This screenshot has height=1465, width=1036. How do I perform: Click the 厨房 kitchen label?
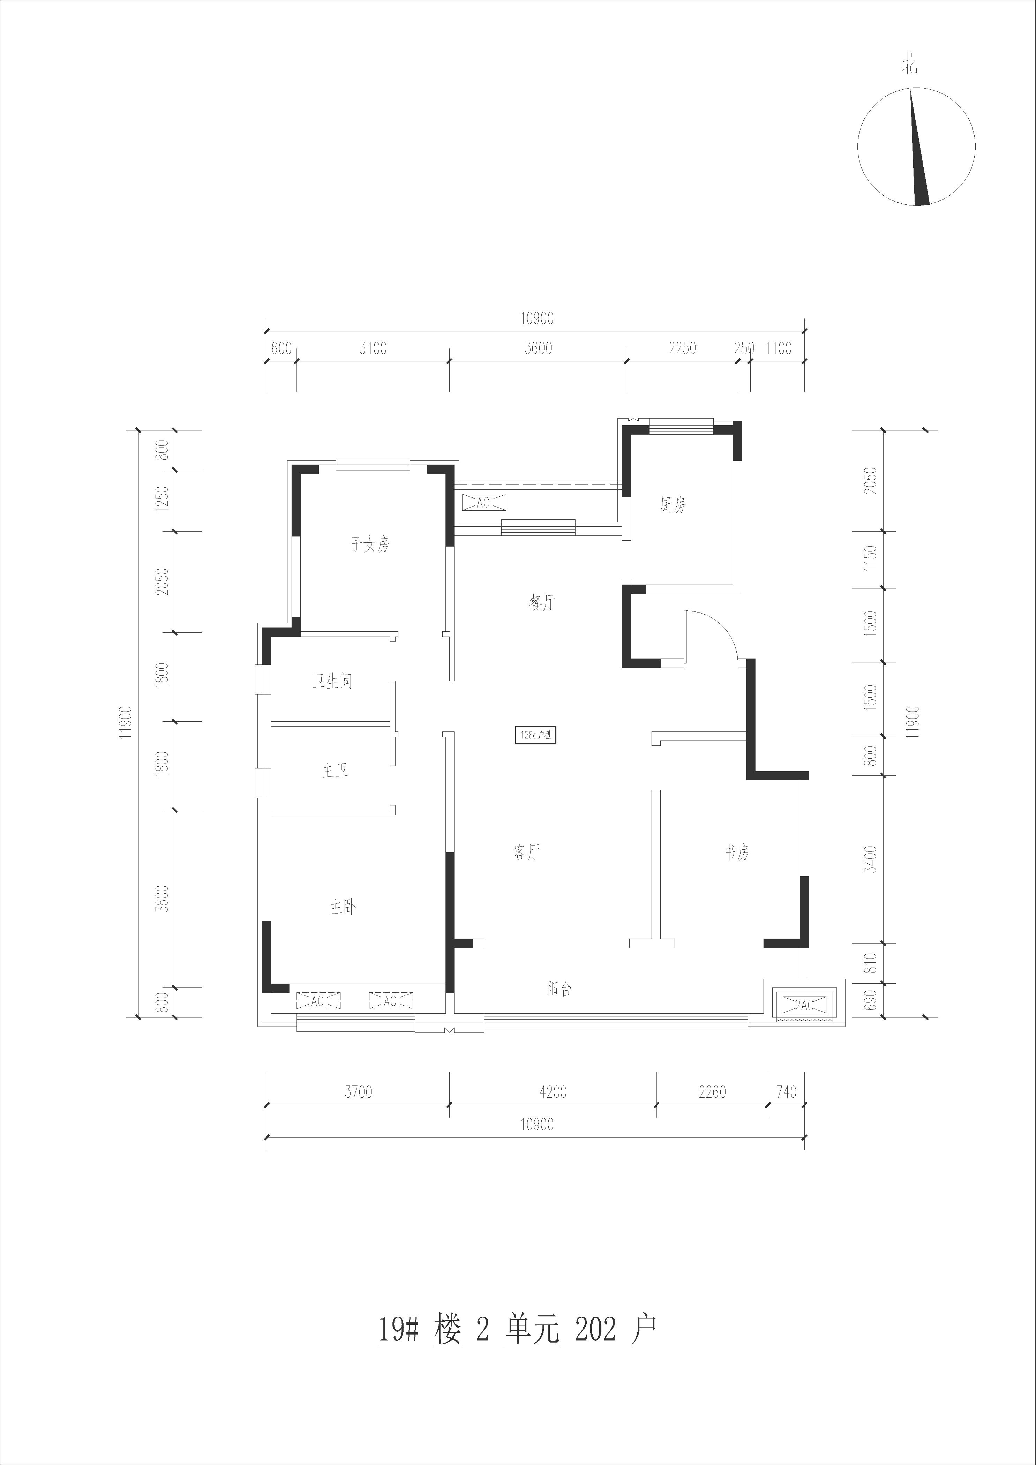673,505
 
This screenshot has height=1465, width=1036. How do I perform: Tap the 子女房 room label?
370,544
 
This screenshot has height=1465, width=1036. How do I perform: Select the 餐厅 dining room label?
542,602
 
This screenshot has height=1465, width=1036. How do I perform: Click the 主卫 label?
335,771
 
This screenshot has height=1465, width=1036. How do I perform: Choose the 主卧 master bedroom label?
343,907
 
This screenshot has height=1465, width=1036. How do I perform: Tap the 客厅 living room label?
527,852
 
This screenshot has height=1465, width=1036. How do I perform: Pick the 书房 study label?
737,852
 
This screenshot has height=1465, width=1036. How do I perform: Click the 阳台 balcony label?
560,989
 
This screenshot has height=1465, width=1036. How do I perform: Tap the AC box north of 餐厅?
483,503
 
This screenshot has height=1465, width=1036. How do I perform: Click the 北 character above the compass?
910,65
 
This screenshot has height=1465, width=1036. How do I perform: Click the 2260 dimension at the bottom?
712,1092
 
